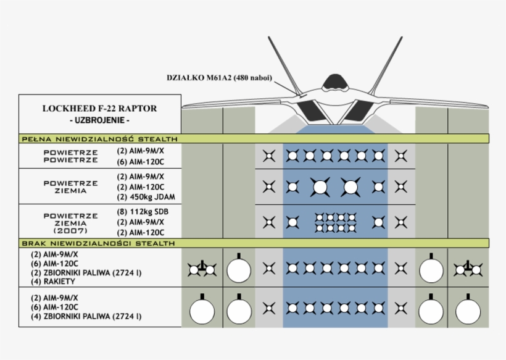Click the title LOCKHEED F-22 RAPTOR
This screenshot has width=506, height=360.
(99, 109)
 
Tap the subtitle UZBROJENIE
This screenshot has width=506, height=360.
(99, 120)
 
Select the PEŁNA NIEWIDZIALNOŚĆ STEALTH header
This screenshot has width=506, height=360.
(100, 138)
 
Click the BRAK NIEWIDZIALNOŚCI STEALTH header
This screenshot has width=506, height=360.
(99, 244)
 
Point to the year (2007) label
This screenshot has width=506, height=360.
(70, 230)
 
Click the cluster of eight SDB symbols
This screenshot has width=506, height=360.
(336, 222)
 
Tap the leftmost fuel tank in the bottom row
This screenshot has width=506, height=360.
(201, 311)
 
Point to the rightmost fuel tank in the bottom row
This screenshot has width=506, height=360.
(468, 311)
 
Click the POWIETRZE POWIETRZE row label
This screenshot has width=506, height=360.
(70, 156)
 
